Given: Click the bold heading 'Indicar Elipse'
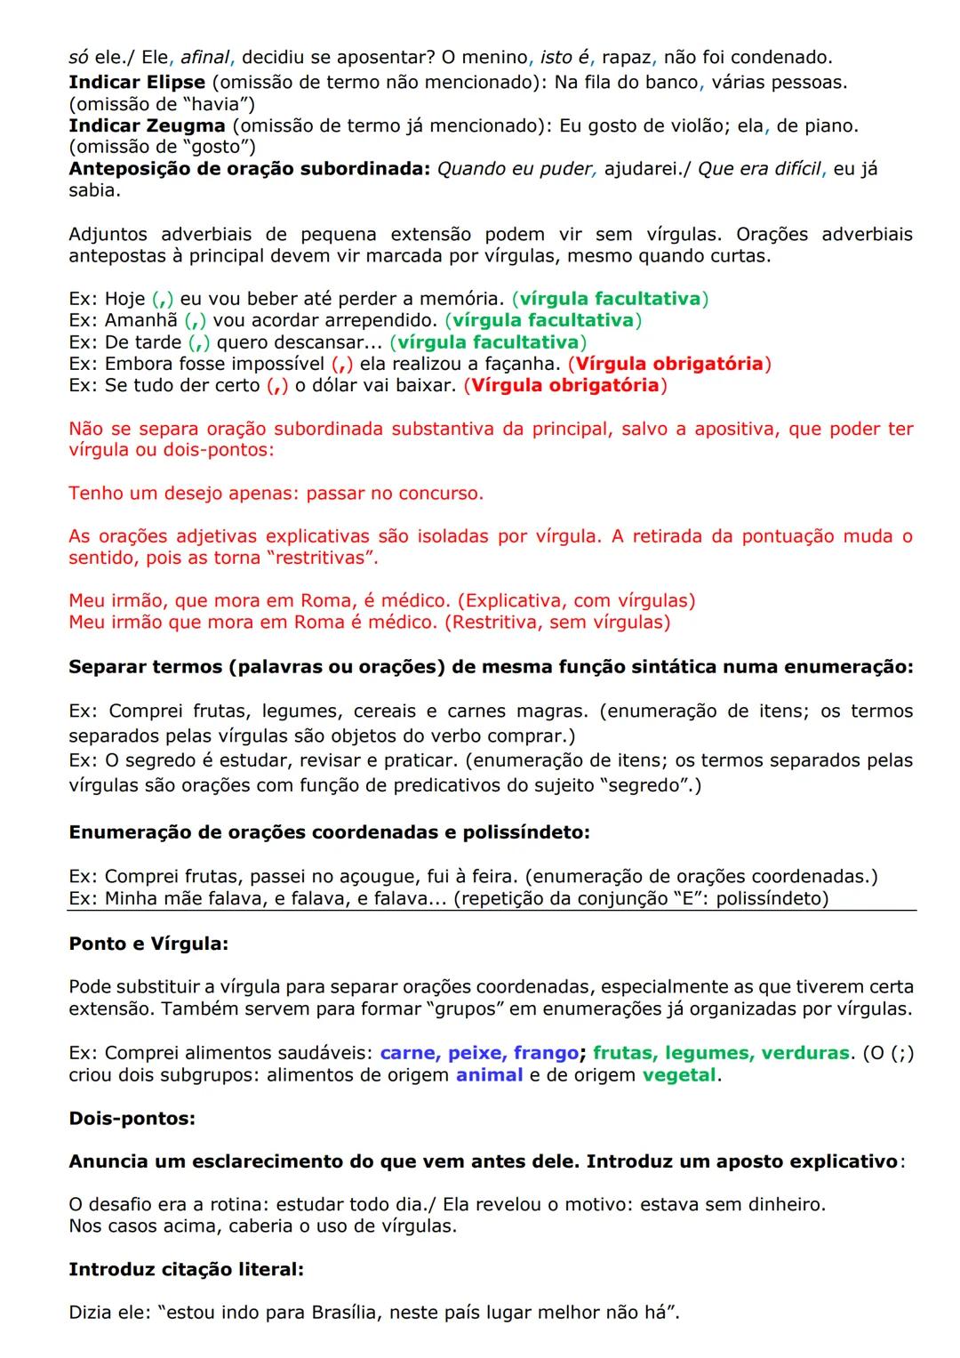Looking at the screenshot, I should (x=137, y=83).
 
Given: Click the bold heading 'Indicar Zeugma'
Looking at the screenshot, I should (x=147, y=125).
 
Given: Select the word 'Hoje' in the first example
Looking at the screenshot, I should (x=124, y=299).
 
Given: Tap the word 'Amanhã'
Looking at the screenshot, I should (x=140, y=320).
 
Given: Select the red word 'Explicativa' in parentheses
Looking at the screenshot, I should (x=511, y=601).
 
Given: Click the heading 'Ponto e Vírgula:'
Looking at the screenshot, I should (x=148, y=944).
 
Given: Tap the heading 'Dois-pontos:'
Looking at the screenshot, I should (x=132, y=1119).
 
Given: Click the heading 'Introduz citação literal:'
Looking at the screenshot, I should (x=186, y=1270).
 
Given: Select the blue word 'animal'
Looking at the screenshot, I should (x=489, y=1075).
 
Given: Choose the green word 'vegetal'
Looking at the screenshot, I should (x=679, y=1075).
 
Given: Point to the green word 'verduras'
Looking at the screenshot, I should (x=807, y=1053).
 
